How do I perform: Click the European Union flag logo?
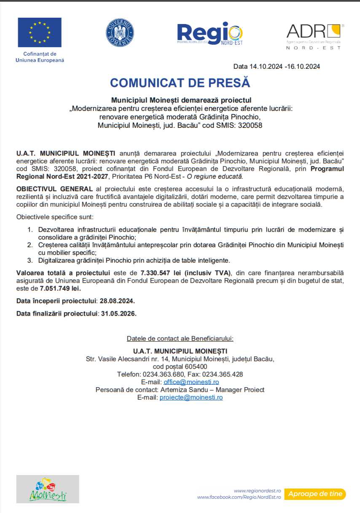pyautogui.click(x=40, y=32)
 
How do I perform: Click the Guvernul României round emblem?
pyautogui.click(x=120, y=32)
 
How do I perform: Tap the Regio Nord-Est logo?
pyautogui.click(x=210, y=33)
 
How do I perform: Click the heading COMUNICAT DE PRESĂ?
pyautogui.click(x=180, y=83)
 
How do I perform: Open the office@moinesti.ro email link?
pyautogui.click(x=191, y=382)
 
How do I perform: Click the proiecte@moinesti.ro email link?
pyautogui.click(x=191, y=397)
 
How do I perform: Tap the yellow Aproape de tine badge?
pyautogui.click(x=315, y=494)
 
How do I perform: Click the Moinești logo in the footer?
pyautogui.click(x=48, y=489)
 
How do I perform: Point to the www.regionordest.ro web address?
pyautogui.click(x=258, y=491)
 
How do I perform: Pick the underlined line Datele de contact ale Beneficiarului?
pyautogui.click(x=180, y=339)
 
